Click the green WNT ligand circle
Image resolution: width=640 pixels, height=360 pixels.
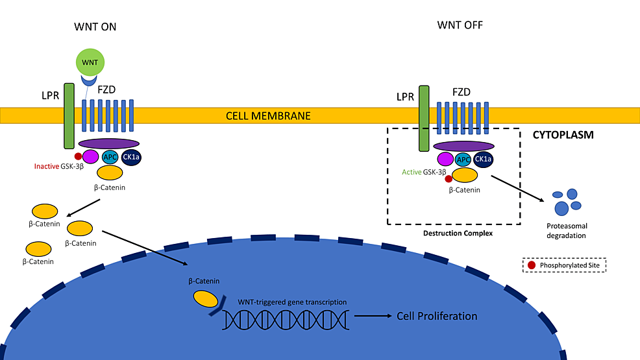(90, 64)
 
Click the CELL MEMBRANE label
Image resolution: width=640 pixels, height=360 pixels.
(268, 116)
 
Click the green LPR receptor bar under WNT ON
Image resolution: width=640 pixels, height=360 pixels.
(69, 115)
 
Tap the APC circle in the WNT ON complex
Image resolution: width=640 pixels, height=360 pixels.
(109, 156)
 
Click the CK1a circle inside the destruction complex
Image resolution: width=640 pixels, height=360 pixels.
(483, 159)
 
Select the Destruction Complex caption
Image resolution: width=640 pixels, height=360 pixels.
(452, 232)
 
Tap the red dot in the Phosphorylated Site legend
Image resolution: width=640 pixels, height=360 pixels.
(532, 265)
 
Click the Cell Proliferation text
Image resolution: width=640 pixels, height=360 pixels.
(436, 317)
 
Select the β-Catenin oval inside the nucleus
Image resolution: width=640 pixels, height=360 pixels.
(204, 298)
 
